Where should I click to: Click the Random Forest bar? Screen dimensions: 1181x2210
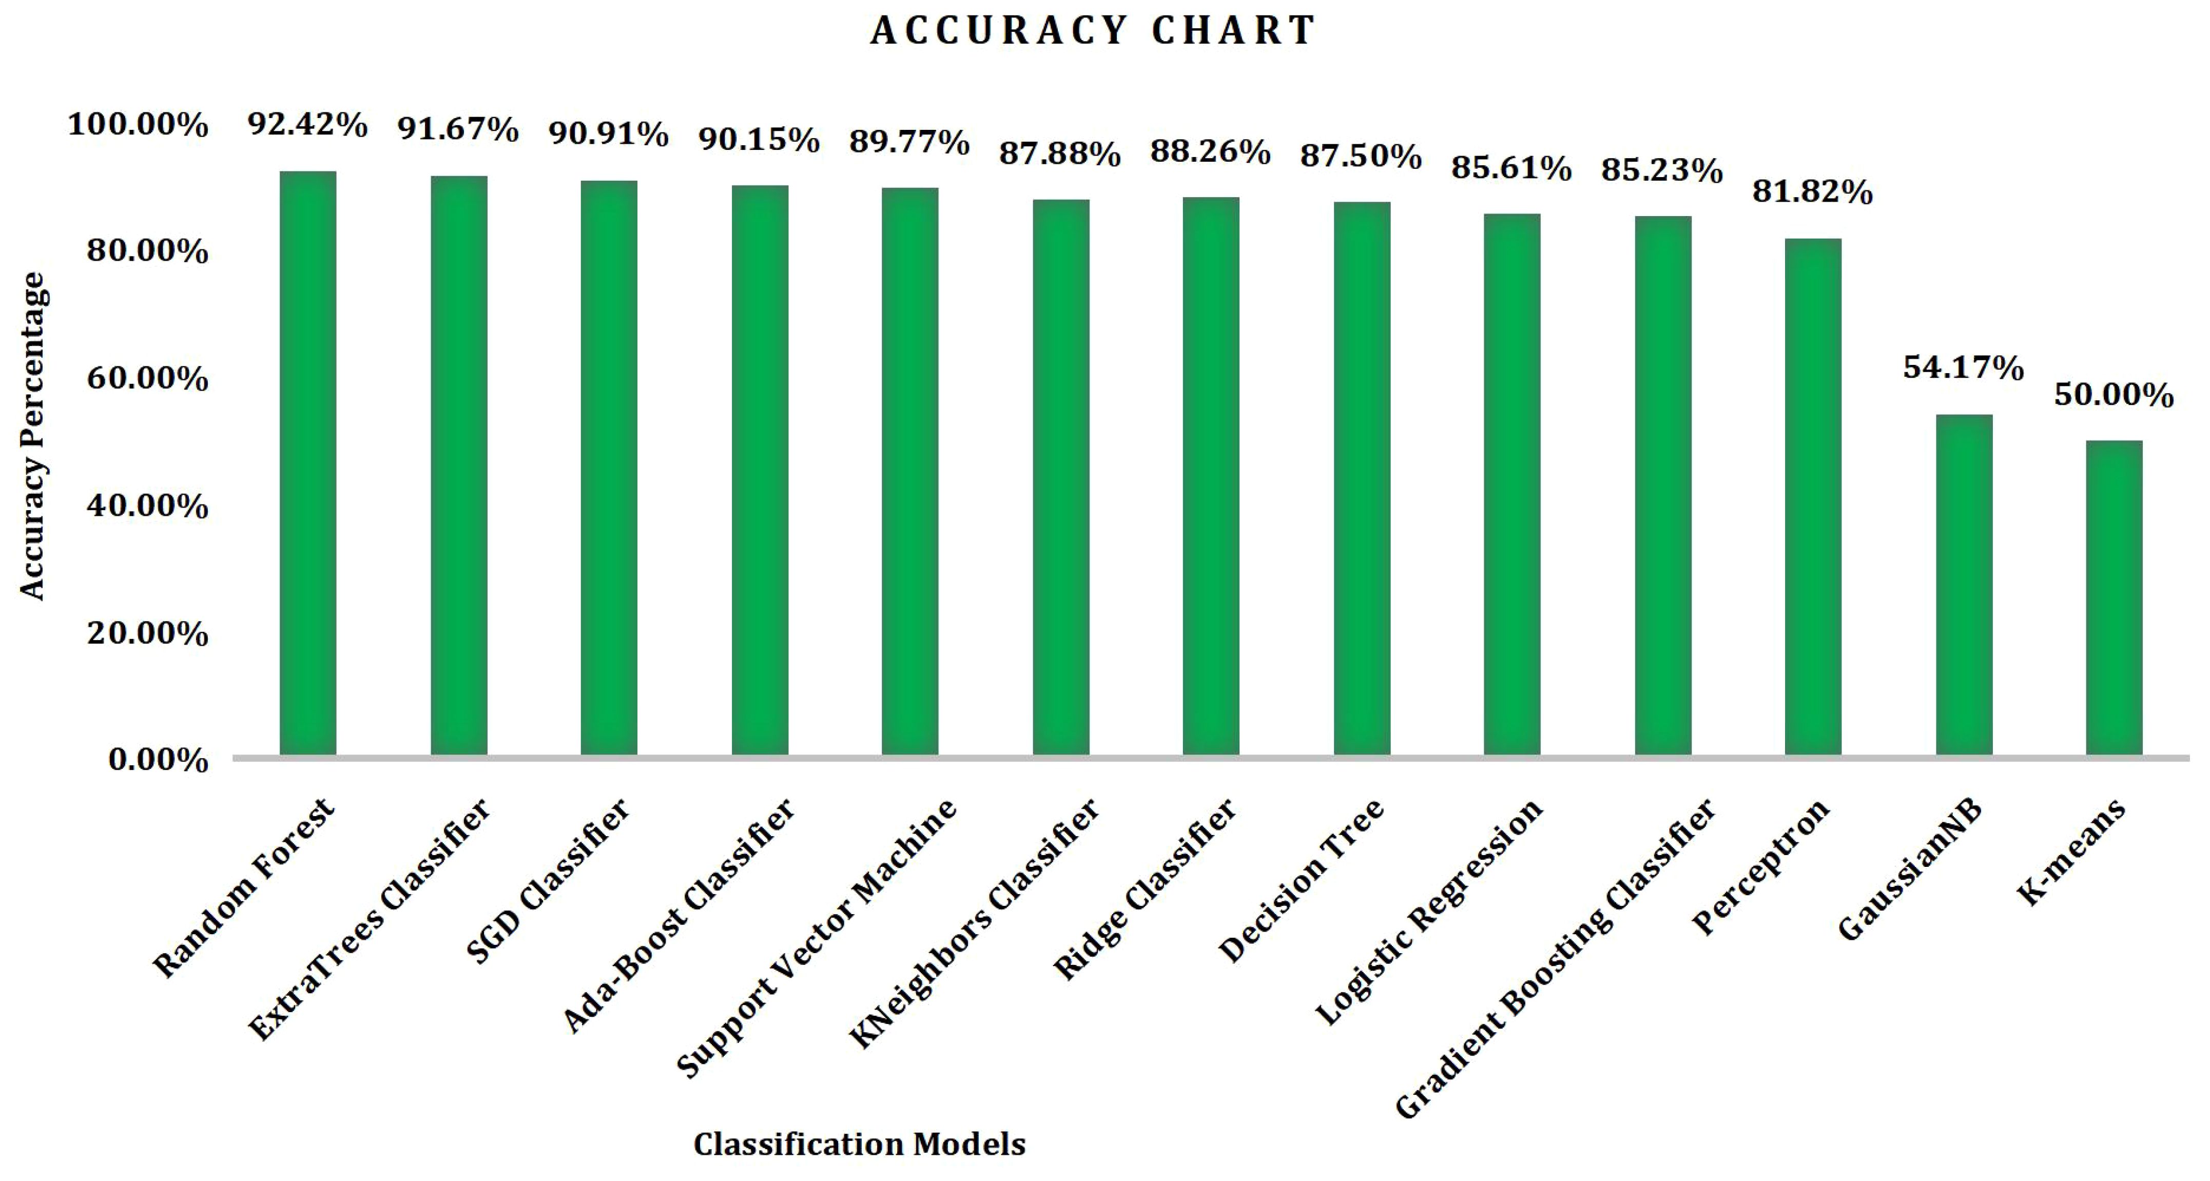308,463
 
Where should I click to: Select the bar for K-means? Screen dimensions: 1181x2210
2114,598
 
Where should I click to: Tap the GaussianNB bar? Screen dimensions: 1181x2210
1964,585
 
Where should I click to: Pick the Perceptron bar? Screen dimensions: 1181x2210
1813,497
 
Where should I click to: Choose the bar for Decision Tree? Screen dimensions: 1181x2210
1362,478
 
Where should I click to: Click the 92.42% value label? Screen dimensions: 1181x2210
308,125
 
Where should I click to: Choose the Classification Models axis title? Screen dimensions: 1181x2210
859,1144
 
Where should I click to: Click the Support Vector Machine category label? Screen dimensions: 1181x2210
816,937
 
